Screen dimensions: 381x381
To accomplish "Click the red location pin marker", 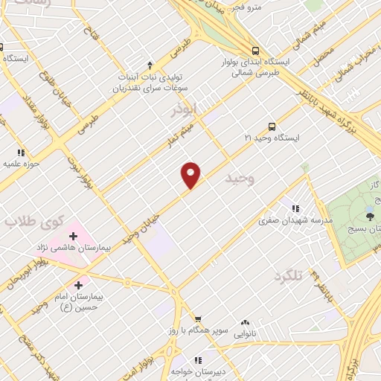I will pos(191,175).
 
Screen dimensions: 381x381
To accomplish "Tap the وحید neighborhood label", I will pos(239,178).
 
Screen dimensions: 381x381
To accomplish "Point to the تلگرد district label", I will pos(289,276).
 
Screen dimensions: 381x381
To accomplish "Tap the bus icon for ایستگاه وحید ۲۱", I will pos(272,126).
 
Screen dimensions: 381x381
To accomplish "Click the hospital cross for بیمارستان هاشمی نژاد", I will pos(73,236).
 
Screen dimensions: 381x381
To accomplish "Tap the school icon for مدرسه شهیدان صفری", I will pos(296,209).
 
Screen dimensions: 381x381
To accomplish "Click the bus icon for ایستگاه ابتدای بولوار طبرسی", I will pos(256,51).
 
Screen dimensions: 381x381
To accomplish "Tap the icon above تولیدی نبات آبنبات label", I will pos(150,65).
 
